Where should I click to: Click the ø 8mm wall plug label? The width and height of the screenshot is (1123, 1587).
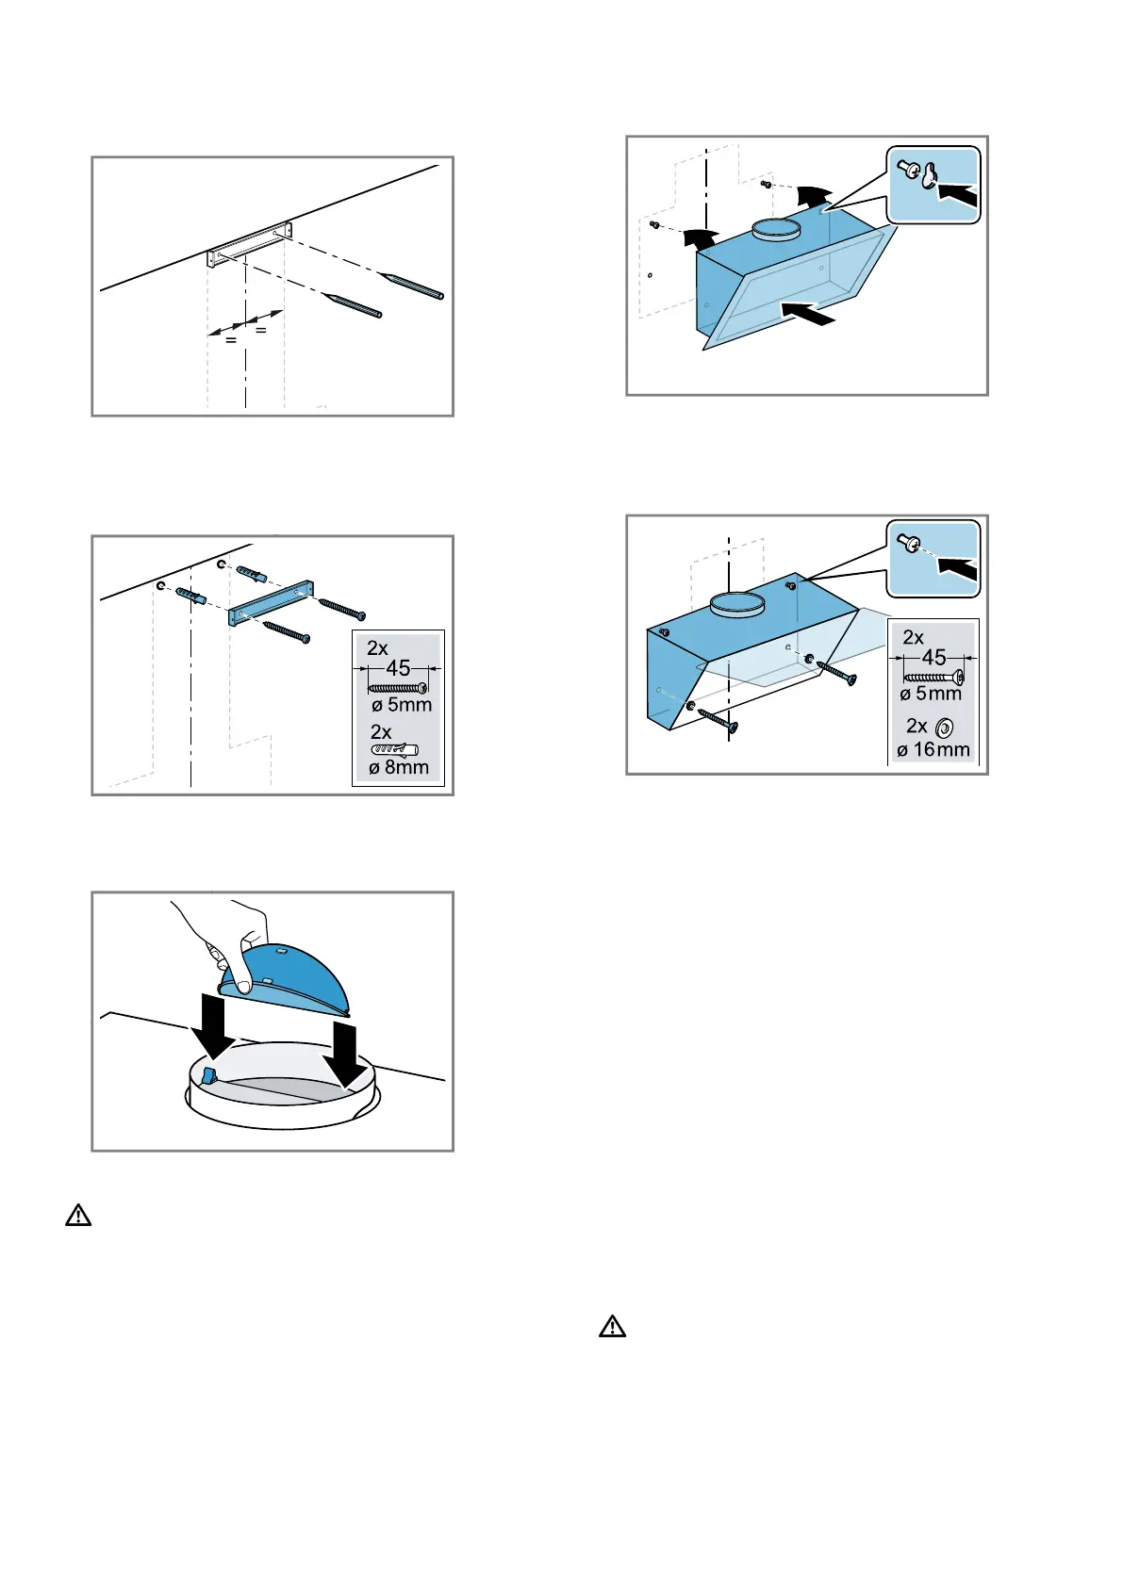tap(399, 768)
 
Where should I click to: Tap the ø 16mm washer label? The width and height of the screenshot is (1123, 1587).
tap(933, 750)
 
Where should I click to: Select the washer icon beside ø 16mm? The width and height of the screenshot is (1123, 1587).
tap(945, 728)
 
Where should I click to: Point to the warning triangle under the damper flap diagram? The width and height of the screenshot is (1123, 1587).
tap(78, 1216)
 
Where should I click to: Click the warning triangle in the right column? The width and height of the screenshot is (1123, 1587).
tap(612, 1328)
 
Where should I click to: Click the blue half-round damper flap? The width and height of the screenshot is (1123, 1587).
tap(292, 980)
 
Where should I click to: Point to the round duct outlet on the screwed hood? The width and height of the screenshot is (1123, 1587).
tap(736, 604)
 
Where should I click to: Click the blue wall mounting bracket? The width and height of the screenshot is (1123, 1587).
tap(270, 603)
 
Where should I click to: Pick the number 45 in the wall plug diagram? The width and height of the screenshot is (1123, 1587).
tap(398, 668)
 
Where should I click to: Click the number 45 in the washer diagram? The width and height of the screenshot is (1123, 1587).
tap(933, 658)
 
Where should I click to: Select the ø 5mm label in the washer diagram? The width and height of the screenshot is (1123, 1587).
tap(931, 695)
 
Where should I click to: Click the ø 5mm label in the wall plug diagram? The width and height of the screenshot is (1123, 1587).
tap(402, 706)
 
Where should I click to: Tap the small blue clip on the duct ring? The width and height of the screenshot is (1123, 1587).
tap(209, 1075)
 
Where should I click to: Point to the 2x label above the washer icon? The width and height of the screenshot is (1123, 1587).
tap(916, 726)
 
